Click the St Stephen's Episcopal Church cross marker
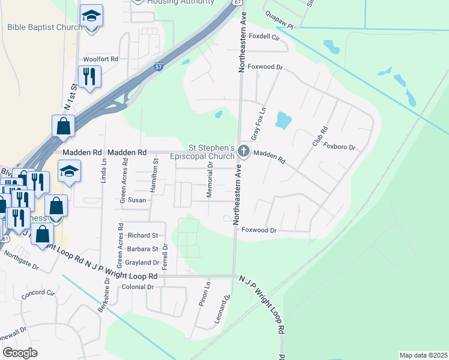pyautogui.click(x=244, y=151)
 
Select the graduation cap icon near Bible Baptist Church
pyautogui.click(x=91, y=16)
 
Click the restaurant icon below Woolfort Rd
pyautogui.click(x=89, y=76)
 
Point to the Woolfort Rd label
pyautogui.click(x=101, y=59)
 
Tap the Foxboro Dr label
pyautogui.click(x=339, y=146)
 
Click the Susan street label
pyautogui.click(x=137, y=200)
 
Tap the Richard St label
pyautogui.click(x=142, y=235)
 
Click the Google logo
pyautogui.click(x=20, y=353)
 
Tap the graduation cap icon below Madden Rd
pyautogui.click(x=69, y=171)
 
